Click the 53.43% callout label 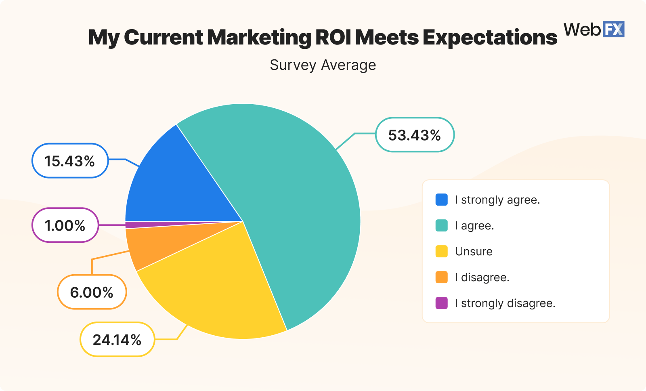tap(415, 135)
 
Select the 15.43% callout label tap(70, 161)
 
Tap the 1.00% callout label tap(65, 225)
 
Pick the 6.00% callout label tap(92, 292)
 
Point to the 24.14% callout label tap(117, 340)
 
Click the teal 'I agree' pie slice tap(299, 202)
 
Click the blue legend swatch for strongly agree tap(442, 200)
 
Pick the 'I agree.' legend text tap(474, 225)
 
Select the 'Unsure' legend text tap(474, 251)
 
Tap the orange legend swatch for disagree tap(442, 277)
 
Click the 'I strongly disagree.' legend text tap(505, 303)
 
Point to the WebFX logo tap(594, 29)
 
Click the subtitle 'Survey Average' tap(323, 65)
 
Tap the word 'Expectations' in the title tap(490, 38)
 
